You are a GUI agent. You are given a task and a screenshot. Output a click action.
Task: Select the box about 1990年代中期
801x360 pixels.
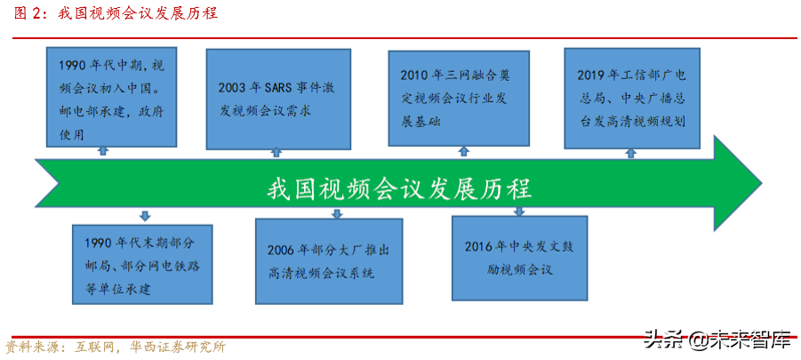[106, 99]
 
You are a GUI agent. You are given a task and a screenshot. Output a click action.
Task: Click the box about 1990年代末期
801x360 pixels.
[142, 263]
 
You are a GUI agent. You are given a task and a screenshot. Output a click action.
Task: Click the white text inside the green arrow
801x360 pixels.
[398, 188]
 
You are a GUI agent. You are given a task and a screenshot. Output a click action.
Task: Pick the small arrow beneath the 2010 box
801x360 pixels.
[460, 152]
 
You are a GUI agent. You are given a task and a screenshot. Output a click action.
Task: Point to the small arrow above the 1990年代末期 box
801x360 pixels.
[145, 216]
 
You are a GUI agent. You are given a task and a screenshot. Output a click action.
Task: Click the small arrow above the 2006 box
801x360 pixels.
[337, 214]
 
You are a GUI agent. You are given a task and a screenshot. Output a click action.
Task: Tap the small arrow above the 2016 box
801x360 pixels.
[519, 212]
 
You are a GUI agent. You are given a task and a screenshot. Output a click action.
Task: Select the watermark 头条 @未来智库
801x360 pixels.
[717, 339]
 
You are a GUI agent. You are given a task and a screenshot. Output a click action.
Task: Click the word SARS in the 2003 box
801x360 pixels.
[278, 88]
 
